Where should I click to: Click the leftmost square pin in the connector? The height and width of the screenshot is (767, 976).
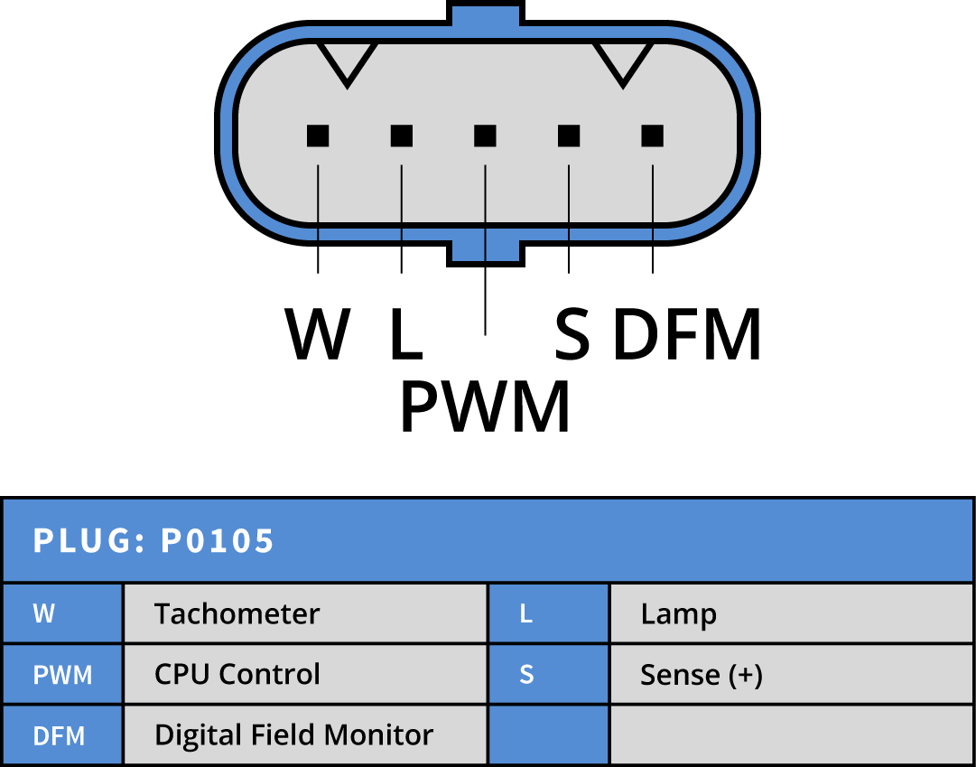coord(318,136)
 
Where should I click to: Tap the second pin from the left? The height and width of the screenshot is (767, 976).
coord(402,136)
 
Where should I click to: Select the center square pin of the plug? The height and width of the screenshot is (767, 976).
coord(485,136)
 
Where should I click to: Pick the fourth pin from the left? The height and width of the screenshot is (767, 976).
coord(569,136)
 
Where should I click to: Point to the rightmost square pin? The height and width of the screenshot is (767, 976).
coord(652,136)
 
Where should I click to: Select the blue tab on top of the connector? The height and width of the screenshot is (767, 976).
coord(486,16)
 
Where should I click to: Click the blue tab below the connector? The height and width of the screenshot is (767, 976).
coord(486,249)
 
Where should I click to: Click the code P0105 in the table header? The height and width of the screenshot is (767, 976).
coord(218,540)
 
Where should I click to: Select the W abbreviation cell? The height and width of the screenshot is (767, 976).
coord(62,613)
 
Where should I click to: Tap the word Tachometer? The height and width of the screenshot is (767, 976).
coord(237,614)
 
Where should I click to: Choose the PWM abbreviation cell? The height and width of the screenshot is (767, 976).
coord(62,675)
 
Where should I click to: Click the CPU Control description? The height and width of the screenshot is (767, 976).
coord(237,675)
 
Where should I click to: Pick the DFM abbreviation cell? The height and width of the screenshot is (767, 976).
coord(62,735)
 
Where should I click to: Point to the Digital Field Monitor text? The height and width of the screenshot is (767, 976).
coord(293,735)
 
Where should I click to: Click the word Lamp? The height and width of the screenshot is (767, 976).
coord(678,614)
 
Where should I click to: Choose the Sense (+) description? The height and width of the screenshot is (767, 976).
coord(702,675)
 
